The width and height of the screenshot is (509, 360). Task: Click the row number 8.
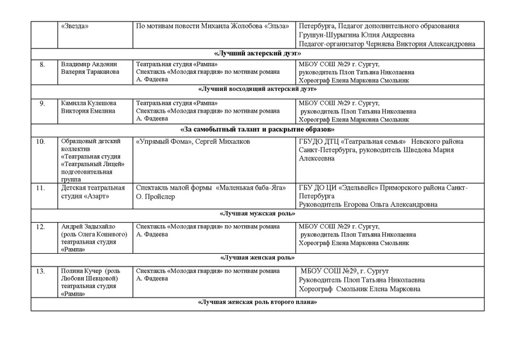(x=42, y=65)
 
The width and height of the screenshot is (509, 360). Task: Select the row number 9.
(x=42, y=102)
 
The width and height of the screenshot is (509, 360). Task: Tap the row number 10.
(x=42, y=141)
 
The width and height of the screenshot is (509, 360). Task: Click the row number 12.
(x=42, y=227)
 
